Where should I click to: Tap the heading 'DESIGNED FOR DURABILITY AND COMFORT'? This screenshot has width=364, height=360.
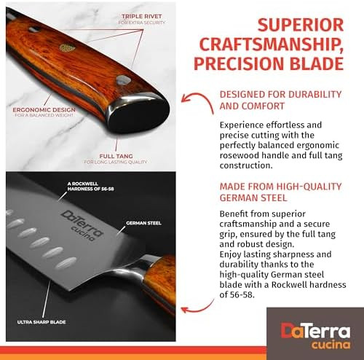pos(280,101)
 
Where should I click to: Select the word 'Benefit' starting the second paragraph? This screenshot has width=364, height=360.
pos(237,214)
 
